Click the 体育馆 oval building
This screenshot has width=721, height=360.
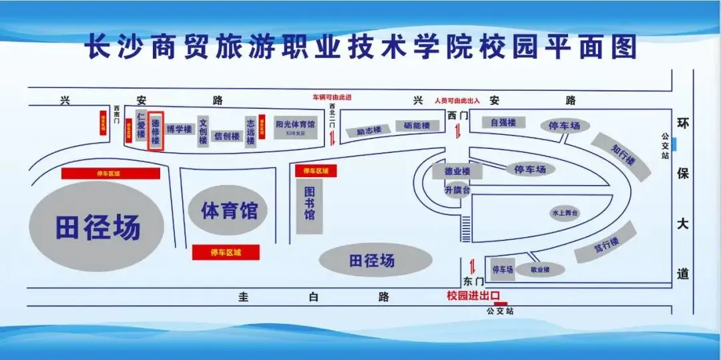click(229, 211)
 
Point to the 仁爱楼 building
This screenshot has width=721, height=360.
click(141, 126)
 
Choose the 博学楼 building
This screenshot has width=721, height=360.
click(179, 129)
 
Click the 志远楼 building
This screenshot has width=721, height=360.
click(250, 130)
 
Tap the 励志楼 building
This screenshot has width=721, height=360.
click(369, 131)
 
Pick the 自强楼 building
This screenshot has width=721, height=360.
click(503, 123)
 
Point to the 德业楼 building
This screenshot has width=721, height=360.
click(457, 172)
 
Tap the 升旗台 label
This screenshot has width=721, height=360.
click(457, 190)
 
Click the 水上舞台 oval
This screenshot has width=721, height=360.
click(564, 213)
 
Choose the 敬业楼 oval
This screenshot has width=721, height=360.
click(539, 270)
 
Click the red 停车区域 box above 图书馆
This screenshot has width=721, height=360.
click(316, 171)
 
